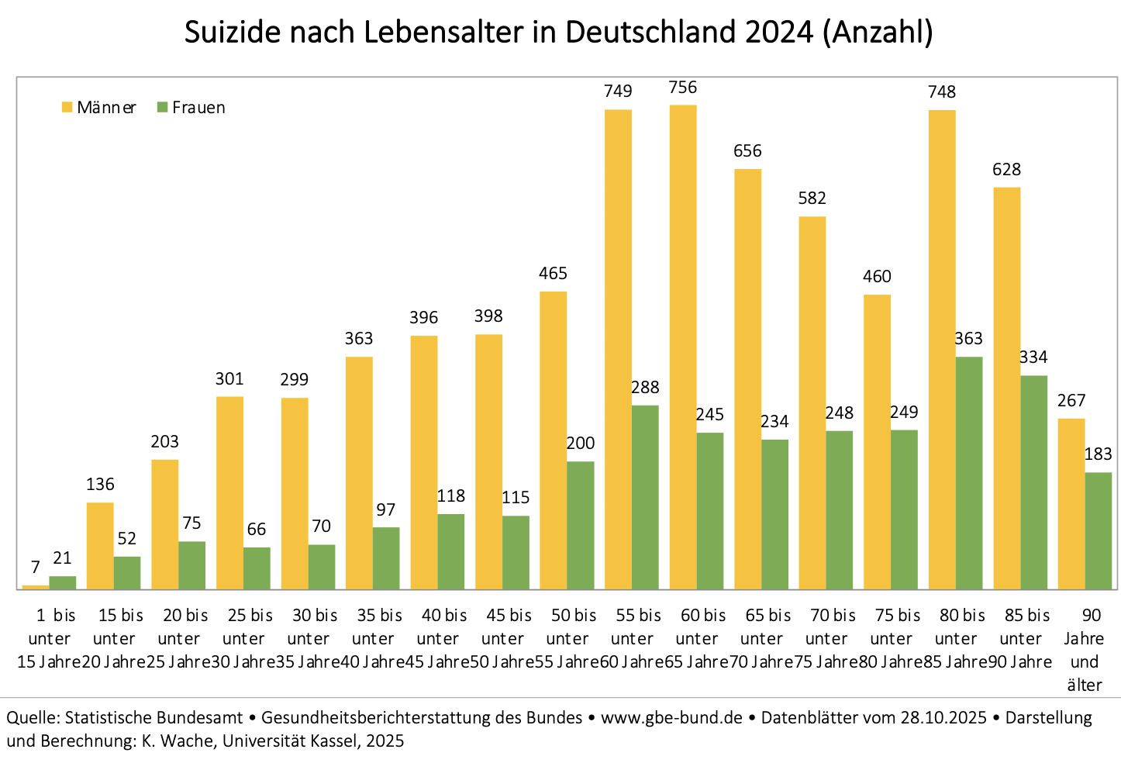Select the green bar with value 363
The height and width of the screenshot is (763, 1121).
pos(969,473)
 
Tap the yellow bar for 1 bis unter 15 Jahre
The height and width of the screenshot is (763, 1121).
pos(36,587)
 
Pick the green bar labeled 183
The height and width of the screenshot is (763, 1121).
pos(1098,531)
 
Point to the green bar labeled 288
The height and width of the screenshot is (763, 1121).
pos(645,497)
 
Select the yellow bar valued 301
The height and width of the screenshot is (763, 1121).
pos(229,493)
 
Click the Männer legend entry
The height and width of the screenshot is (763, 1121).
pos(98,108)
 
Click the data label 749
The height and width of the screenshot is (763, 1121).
pos(618,91)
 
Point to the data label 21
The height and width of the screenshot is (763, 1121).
pos(62,558)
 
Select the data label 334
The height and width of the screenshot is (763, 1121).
pos(1033,357)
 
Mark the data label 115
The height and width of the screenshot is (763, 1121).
pos(516,498)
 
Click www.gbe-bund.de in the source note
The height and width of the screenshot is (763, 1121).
pos(671,717)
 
